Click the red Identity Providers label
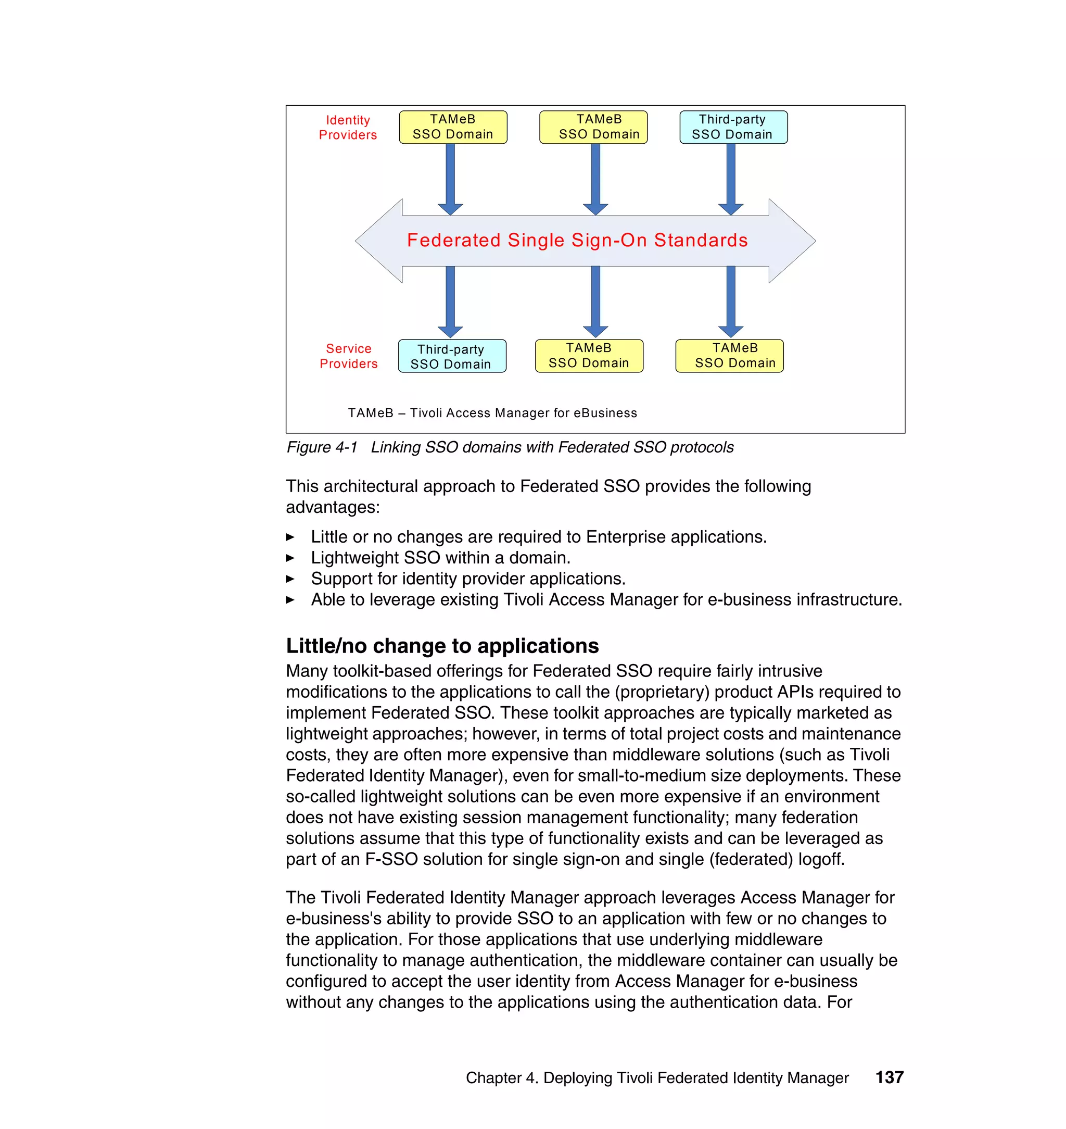347,128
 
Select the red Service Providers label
348,356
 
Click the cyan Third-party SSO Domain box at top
733,127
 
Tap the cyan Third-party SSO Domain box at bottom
452,356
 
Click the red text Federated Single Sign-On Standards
577,240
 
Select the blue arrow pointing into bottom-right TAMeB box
731,302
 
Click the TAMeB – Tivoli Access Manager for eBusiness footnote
492,413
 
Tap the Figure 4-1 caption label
322,447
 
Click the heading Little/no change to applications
442,646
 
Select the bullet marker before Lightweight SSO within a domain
290,558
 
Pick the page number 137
889,1077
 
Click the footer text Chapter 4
501,1078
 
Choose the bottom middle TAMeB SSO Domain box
589,356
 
